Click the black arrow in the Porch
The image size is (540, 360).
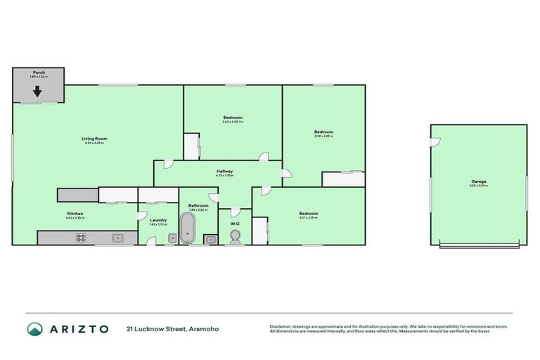pos(37,91)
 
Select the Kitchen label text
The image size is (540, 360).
pos(75,212)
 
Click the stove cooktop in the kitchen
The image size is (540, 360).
pos(81,238)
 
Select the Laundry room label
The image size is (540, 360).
pos(158,220)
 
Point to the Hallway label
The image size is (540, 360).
pos(225,171)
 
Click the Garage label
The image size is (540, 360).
pos(479,181)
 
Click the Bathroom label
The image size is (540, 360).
pos(198,205)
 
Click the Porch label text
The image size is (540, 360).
pos(39,72)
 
